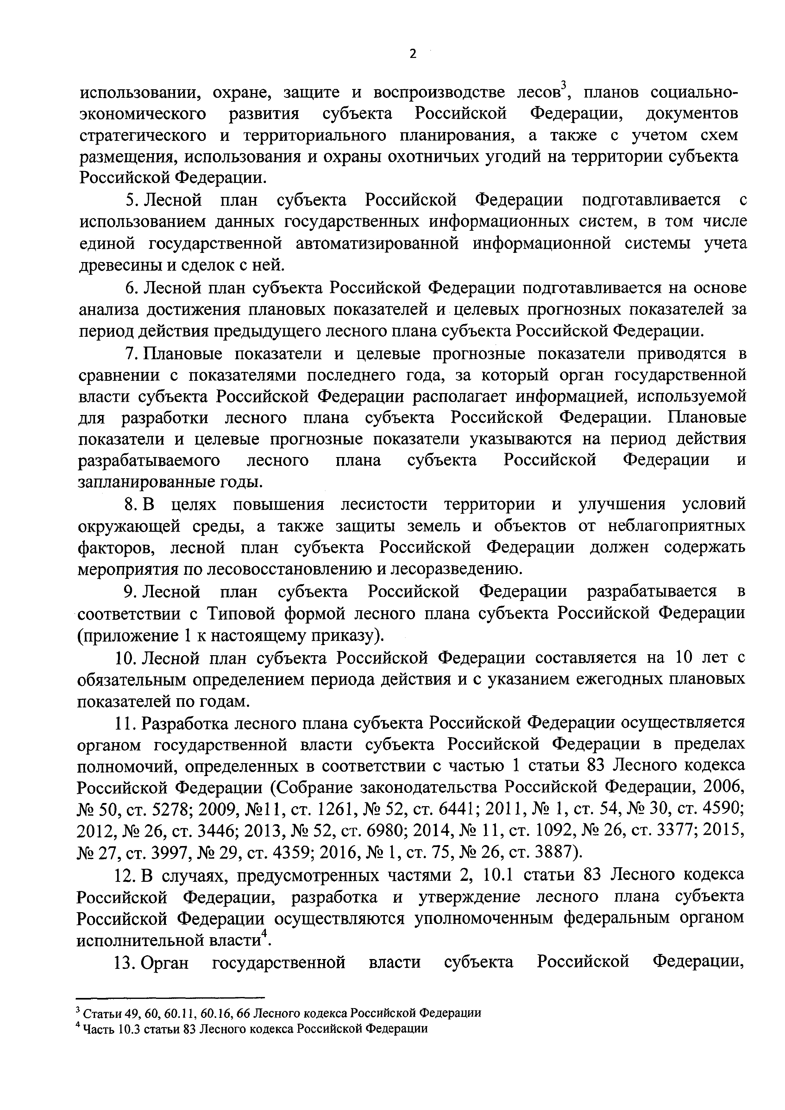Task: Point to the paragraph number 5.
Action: [x=129, y=200]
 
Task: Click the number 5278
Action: [x=167, y=810]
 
